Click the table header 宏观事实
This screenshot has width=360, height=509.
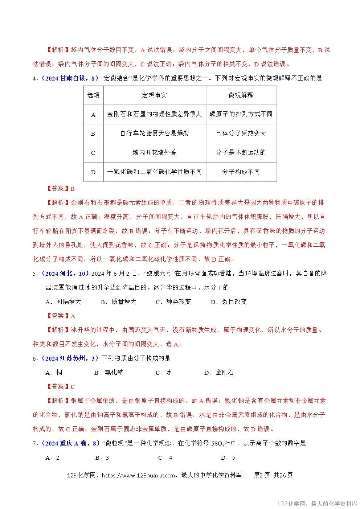click(x=155, y=95)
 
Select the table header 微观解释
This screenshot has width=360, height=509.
click(x=241, y=95)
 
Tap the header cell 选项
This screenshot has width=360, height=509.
click(x=93, y=95)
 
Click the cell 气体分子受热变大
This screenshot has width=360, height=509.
click(x=241, y=134)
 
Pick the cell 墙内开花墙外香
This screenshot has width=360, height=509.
click(x=155, y=153)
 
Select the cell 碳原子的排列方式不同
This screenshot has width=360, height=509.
click(x=241, y=114)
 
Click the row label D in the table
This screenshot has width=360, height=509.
click(x=93, y=172)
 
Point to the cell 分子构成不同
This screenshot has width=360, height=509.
click(x=241, y=172)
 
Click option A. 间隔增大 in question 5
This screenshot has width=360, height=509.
click(x=63, y=302)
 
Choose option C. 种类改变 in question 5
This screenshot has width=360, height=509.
click(x=173, y=302)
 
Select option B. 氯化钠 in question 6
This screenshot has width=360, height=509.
click(x=109, y=373)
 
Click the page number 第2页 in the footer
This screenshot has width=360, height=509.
click(x=262, y=475)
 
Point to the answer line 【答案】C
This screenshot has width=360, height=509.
click(x=61, y=387)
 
